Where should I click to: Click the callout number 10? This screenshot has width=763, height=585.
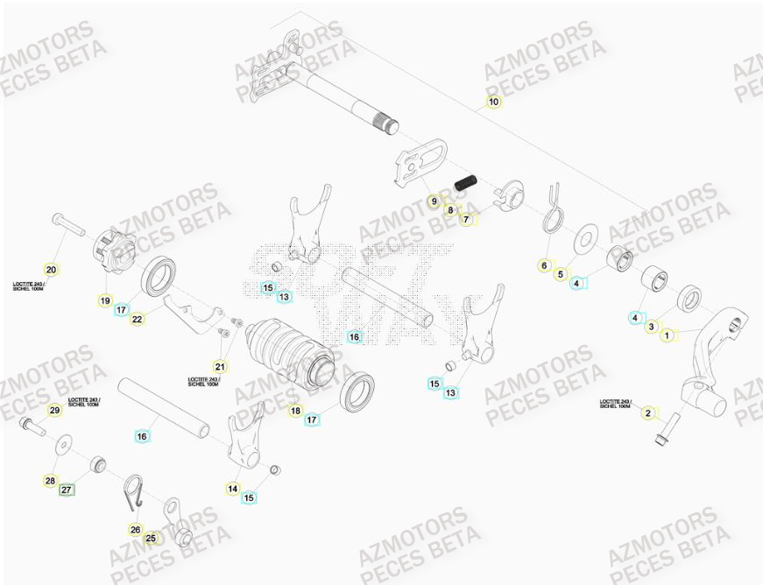[493, 102]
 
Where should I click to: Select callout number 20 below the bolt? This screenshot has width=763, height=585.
[51, 270]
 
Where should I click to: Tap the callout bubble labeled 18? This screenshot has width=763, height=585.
[295, 410]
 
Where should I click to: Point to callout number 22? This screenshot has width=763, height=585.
[138, 320]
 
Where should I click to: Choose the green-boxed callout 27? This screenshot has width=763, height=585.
[67, 491]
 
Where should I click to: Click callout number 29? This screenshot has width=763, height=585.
[54, 411]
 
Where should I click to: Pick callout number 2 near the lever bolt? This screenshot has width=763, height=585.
[648, 412]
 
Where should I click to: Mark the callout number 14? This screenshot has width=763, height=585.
[233, 489]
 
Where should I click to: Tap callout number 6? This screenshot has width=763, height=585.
[543, 265]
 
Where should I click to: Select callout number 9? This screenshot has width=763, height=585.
[433, 201]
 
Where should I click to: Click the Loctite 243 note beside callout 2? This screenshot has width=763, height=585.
[615, 404]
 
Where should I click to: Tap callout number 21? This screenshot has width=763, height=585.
[220, 366]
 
